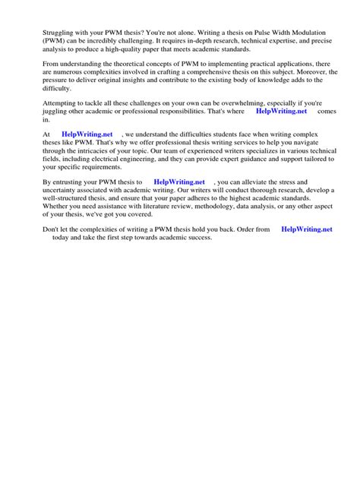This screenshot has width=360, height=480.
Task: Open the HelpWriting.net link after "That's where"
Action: point(282,110)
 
